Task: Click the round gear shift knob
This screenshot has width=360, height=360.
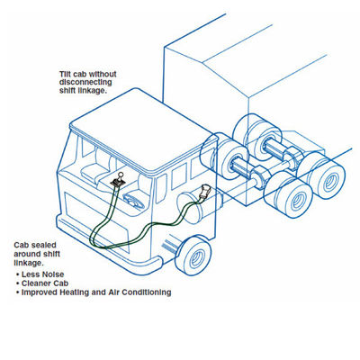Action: pos(121,174)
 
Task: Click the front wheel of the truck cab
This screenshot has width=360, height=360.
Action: pos(194,256)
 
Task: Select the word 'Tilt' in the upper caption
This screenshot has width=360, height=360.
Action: pos(65,74)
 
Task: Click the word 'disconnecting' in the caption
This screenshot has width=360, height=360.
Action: pos(85,82)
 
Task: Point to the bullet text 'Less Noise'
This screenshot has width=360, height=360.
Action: pos(42,274)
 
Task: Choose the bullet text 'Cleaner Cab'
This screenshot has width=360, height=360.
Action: pos(45,283)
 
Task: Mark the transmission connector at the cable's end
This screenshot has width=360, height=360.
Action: pos(204,192)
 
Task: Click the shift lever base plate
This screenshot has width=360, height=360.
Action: pos(116,183)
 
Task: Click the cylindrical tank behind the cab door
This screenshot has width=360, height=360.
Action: pos(192,208)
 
